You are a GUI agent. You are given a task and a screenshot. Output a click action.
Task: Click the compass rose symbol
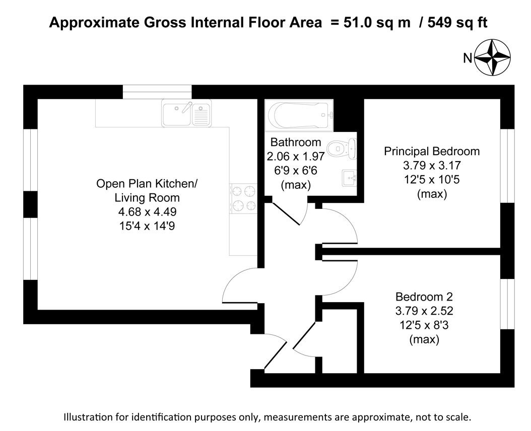[x=492, y=58]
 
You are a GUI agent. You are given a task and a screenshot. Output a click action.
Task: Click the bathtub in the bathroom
[x=298, y=115]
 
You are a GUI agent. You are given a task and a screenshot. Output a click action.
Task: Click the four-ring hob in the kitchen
[x=244, y=198]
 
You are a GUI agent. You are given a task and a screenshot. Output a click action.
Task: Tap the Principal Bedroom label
[x=432, y=151]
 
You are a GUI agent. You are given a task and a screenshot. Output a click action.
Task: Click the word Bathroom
[x=295, y=142]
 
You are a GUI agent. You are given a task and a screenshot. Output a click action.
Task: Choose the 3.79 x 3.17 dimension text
[x=432, y=165]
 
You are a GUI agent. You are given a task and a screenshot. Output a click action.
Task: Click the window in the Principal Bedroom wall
[x=508, y=166]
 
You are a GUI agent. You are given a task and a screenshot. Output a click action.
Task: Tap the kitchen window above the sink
[x=158, y=92]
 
